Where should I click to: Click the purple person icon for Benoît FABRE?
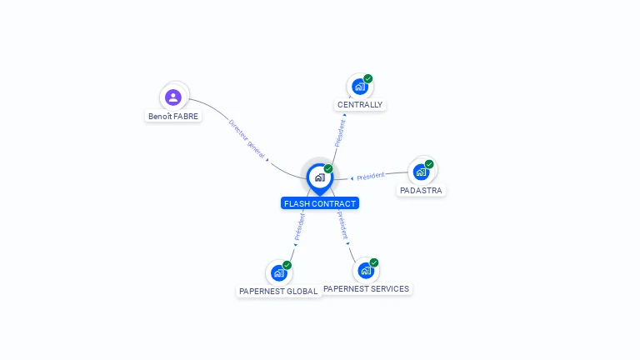173,97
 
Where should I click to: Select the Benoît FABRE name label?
173,117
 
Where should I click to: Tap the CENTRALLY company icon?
359,87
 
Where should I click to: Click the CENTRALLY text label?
360,105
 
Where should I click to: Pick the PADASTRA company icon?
421,172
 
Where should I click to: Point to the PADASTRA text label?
421,190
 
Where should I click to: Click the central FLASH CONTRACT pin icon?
319,177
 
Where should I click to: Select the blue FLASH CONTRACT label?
320,203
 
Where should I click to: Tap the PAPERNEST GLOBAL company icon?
278,272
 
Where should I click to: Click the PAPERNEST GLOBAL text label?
278,292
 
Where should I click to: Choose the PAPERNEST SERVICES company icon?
365,270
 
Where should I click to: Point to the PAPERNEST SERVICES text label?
367,288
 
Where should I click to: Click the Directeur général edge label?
247,138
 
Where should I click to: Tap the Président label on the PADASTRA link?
370,176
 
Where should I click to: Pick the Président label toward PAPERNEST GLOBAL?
299,227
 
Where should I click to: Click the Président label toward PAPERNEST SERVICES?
343,226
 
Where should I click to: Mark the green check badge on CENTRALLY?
368,79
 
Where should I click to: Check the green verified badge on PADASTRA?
429,164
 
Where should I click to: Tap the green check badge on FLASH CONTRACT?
328,168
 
